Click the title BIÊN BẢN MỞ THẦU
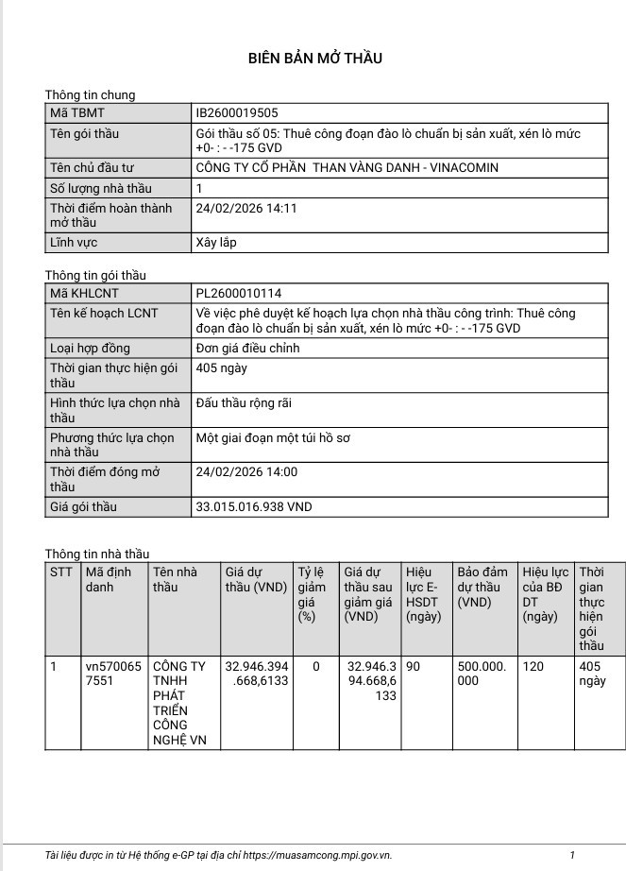[x=314, y=59]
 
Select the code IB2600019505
[x=237, y=113]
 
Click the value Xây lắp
[x=215, y=243]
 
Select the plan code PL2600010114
[x=238, y=294]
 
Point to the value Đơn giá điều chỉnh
[x=247, y=349]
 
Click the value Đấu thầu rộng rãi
[x=244, y=403]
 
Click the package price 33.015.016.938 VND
[x=253, y=507]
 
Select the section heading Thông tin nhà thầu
[x=97, y=554]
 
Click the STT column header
[x=60, y=572]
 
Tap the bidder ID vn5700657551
[x=112, y=674]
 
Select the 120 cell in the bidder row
[x=533, y=667]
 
